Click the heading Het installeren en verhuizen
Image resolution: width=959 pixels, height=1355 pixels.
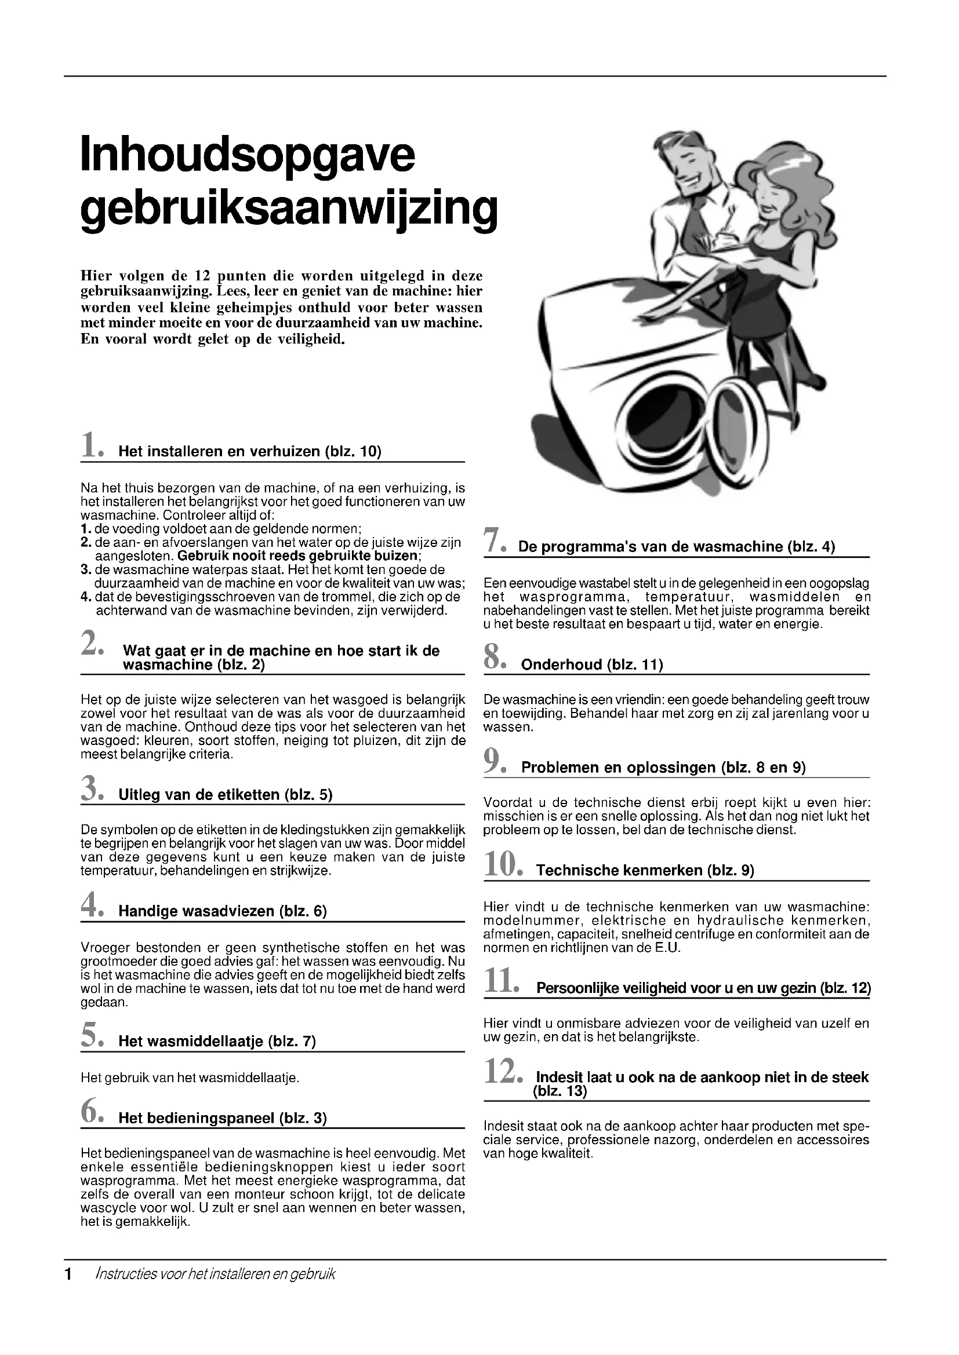pos(250,452)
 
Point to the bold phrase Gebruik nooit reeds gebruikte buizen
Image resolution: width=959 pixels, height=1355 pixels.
pos(297,556)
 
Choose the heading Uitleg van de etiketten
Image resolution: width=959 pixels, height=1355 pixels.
pos(225,795)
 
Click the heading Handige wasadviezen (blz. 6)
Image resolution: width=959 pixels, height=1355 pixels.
pos(223,911)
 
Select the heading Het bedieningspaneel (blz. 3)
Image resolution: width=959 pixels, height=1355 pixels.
pos(223,1117)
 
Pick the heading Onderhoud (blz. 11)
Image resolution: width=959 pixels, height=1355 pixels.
pos(592,665)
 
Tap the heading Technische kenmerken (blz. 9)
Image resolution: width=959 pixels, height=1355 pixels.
pos(645,871)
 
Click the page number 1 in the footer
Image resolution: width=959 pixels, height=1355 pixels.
pos(68,1274)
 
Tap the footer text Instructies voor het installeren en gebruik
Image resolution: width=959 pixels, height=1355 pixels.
pos(215,1274)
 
